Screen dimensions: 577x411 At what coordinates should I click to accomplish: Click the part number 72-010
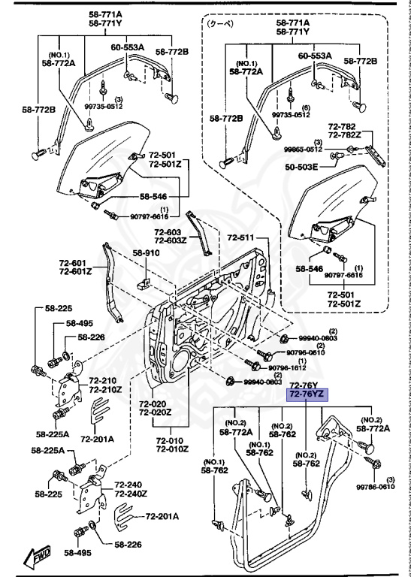171,440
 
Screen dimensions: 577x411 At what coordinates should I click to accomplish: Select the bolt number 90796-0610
305,352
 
